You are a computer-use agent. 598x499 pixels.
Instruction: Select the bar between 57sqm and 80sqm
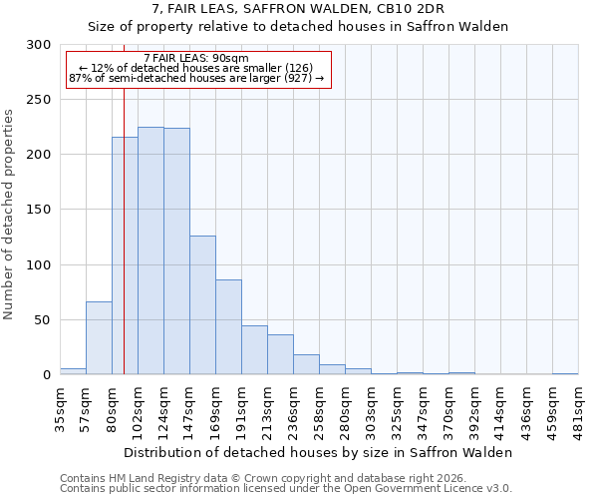[x=99, y=338]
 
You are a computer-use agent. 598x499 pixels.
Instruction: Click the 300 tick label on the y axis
[x=39, y=45]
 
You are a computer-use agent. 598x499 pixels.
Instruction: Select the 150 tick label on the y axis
[x=39, y=210]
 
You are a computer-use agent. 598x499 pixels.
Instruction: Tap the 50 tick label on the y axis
[x=43, y=320]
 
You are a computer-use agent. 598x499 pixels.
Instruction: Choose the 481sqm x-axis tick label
[x=579, y=408]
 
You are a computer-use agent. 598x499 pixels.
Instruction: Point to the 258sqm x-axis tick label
[x=320, y=408]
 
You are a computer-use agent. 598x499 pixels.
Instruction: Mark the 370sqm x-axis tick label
[x=449, y=408]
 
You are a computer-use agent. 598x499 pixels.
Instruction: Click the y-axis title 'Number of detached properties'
[x=10, y=215]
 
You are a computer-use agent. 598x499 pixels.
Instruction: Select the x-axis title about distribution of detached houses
[x=319, y=452]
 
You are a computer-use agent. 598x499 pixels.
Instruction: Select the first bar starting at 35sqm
[x=73, y=371]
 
